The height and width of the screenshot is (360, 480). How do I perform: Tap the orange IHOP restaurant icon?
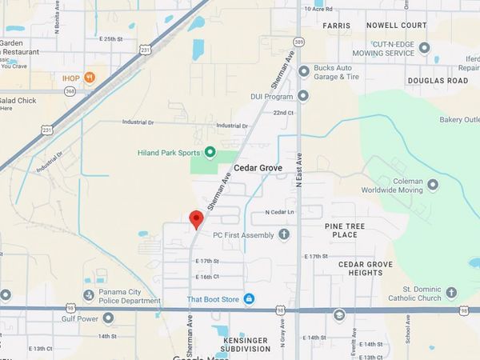pyautogui.click(x=91, y=77)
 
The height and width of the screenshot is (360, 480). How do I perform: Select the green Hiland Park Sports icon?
pyautogui.click(x=210, y=152)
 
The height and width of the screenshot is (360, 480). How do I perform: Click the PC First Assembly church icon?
pyautogui.click(x=283, y=235)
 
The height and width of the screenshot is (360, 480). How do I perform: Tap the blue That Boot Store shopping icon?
pyautogui.click(x=249, y=298)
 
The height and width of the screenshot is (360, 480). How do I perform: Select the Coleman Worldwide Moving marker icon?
pyautogui.click(x=433, y=185)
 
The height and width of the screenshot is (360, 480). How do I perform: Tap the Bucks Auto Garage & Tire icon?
pyautogui.click(x=303, y=71)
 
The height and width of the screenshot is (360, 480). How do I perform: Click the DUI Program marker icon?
pyautogui.click(x=303, y=96)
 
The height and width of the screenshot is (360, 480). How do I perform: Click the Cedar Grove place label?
pyautogui.click(x=260, y=169)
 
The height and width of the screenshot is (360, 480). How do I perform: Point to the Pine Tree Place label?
pyautogui.click(x=345, y=230)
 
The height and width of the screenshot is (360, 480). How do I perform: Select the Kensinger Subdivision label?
pyautogui.click(x=246, y=344)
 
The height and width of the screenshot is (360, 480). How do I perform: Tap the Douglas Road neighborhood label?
pyautogui.click(x=438, y=81)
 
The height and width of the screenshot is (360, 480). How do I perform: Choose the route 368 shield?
pyautogui.click(x=49, y=91)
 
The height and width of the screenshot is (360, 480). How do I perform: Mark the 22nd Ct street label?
pyautogui.click(x=283, y=113)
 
